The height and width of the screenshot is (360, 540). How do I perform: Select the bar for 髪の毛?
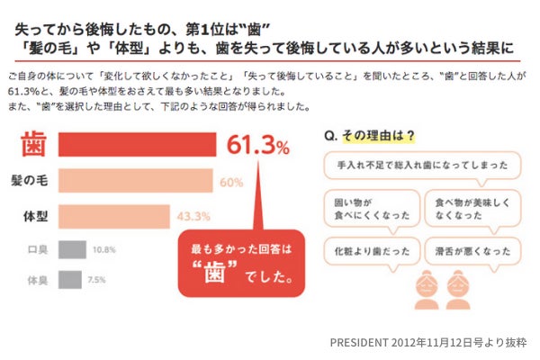click(135, 181)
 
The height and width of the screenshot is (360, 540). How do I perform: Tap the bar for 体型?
click(113, 216)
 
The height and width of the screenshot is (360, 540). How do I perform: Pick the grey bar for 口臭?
click(72, 249)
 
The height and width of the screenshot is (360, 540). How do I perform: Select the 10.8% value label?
click(104, 249)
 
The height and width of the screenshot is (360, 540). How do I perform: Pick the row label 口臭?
click(37, 249)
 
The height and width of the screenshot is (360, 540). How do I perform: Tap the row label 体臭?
click(37, 281)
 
